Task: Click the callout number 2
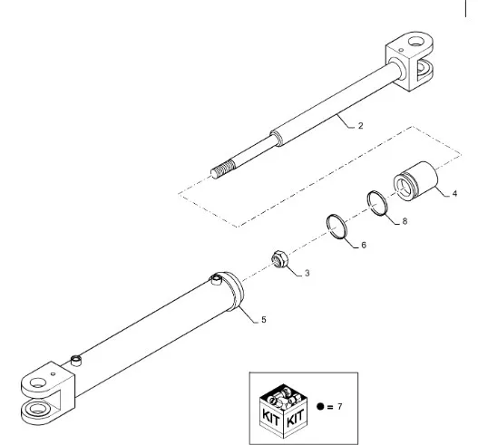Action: tap(361, 126)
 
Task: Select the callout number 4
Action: tap(454, 193)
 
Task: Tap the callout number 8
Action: tap(405, 221)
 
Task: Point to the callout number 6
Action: tap(364, 246)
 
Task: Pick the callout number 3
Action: tap(307, 273)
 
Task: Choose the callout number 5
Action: tap(264, 320)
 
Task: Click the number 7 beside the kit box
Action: tap(339, 406)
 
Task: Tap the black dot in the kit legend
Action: tap(320, 406)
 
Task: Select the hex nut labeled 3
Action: tap(278, 259)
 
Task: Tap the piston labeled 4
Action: tap(415, 181)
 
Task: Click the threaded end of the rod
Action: tap(223, 170)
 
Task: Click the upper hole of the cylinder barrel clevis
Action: tap(38, 382)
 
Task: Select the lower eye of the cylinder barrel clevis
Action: tap(36, 408)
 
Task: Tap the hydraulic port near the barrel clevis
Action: tap(76, 360)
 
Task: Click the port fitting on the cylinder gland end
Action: tap(216, 279)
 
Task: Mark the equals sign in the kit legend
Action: tap(330, 407)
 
